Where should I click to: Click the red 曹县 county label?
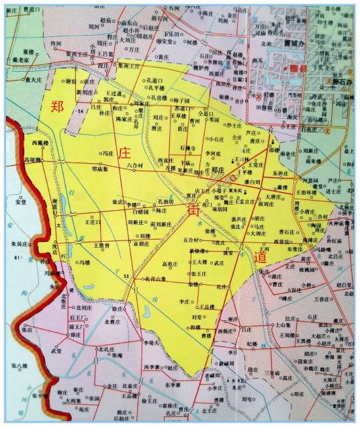300,68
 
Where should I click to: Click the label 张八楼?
19,365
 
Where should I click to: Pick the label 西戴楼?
42,143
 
